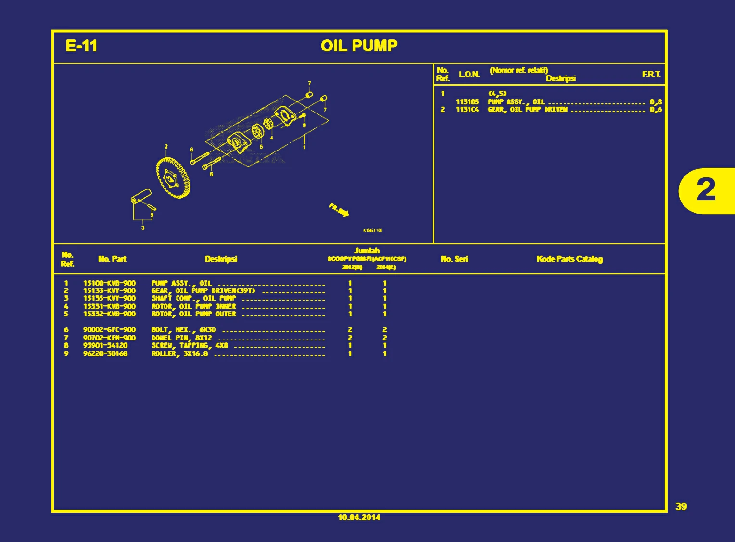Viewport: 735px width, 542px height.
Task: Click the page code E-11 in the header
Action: [x=81, y=46]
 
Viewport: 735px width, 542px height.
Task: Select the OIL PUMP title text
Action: [x=359, y=46]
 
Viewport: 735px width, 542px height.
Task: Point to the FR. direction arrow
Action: [x=340, y=210]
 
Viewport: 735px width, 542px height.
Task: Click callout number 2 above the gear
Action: [x=166, y=147]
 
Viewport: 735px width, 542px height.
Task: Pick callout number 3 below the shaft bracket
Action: [x=143, y=228]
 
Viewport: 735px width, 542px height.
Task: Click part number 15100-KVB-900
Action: [x=109, y=283]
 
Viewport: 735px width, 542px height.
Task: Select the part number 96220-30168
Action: [x=105, y=353]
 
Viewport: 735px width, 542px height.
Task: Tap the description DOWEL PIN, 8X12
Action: [x=182, y=338]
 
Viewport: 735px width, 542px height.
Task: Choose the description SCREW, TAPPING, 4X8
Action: [x=190, y=345]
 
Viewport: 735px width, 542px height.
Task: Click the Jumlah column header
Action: [x=367, y=251]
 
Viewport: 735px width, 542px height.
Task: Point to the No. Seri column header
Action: [x=454, y=259]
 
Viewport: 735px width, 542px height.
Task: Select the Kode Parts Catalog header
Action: [x=570, y=259]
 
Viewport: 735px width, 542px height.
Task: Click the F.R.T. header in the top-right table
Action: [x=651, y=74]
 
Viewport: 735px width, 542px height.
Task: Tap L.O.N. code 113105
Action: [x=467, y=102]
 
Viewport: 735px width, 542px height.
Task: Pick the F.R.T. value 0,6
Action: [x=656, y=110]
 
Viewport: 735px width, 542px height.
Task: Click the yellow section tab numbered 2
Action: [x=706, y=190]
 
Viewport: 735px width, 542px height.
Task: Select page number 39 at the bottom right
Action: [x=681, y=506]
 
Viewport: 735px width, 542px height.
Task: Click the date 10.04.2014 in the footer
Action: [x=359, y=517]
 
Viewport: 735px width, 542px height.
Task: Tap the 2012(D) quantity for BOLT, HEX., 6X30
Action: [x=350, y=330]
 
